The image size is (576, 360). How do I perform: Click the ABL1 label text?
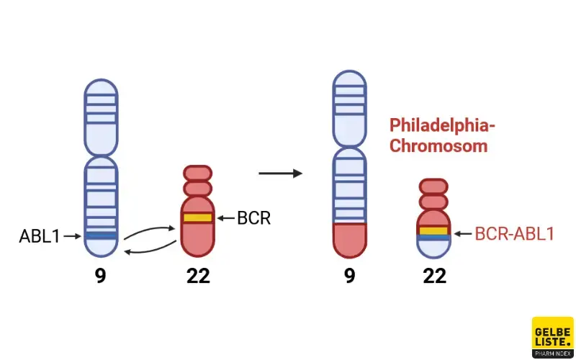[40, 236]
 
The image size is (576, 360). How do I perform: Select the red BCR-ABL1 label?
[514, 234]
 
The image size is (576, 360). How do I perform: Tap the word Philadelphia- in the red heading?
[442, 125]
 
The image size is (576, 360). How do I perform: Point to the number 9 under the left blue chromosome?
[101, 276]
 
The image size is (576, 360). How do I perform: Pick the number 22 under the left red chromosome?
[198, 276]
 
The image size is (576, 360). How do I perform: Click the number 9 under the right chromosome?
[349, 276]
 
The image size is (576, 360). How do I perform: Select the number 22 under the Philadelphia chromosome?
[434, 276]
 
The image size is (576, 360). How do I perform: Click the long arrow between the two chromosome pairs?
[280, 174]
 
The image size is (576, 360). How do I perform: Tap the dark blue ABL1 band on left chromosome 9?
[101, 235]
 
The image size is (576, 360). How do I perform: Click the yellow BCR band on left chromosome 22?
[197, 217]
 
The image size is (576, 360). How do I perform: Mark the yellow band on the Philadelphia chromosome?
[434, 230]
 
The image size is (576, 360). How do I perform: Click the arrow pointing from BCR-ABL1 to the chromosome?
[462, 234]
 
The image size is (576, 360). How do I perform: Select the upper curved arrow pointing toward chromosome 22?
[150, 232]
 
